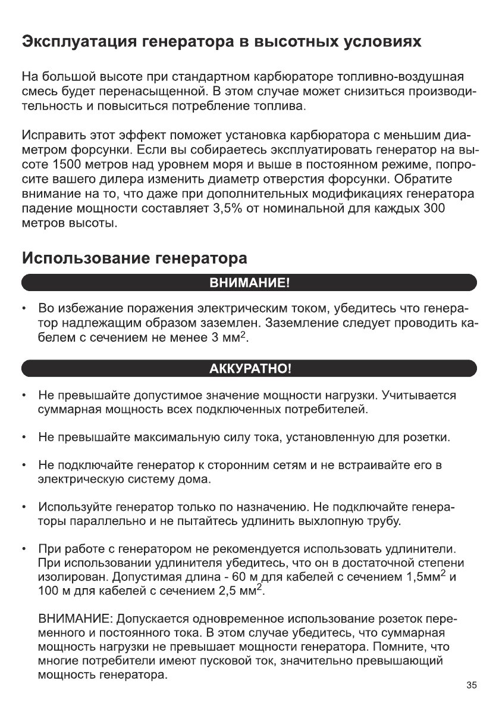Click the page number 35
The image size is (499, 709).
coord(472,685)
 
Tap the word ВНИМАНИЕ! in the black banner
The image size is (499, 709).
coord(249,282)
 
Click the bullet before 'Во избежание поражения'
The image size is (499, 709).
coord(23,309)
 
